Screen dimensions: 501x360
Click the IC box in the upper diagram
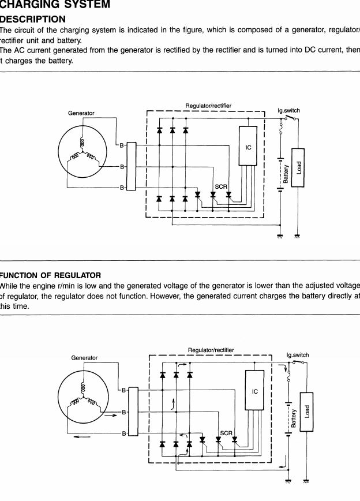pyautogui.click(x=249, y=146)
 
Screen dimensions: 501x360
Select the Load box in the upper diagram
pyautogui.click(x=298, y=167)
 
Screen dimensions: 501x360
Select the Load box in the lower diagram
pyautogui.click(x=307, y=412)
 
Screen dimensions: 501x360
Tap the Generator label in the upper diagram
pyautogui.click(x=81, y=113)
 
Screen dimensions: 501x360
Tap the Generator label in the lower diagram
pyautogui.click(x=84, y=358)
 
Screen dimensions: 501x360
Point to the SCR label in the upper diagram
pyautogui.click(x=220, y=186)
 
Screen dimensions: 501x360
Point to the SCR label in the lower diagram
pyautogui.click(x=226, y=432)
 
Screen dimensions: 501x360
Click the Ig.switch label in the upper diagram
pyautogui.click(x=288, y=110)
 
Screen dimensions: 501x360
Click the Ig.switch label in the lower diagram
pyautogui.click(x=297, y=355)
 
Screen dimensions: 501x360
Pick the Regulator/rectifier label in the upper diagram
pyautogui.click(x=208, y=106)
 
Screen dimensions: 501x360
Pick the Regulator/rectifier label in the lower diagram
pyautogui.click(x=211, y=350)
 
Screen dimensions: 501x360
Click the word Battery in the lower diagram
pyautogui.click(x=294, y=418)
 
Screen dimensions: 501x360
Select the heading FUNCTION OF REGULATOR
pyautogui.click(x=51, y=275)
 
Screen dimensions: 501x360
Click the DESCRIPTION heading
pyautogui.click(x=33, y=19)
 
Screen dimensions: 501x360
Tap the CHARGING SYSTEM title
pyautogui.click(x=55, y=5)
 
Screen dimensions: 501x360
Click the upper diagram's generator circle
pyautogui.click(x=82, y=152)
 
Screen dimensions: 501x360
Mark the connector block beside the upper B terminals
pyautogui.click(x=132, y=166)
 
